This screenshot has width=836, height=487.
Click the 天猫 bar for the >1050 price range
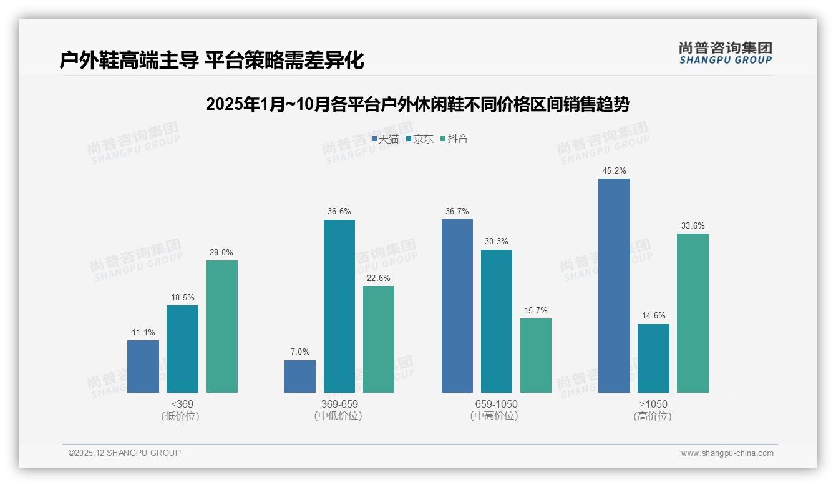(x=614, y=285)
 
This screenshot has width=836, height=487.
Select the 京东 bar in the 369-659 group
(x=339, y=306)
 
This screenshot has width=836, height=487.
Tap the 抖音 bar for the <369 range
(x=221, y=326)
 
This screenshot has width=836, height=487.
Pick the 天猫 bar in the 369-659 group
(x=299, y=376)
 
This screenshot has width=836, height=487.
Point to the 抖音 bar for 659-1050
(x=535, y=355)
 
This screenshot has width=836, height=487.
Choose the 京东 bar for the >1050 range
(x=653, y=358)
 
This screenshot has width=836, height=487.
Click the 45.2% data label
(x=614, y=170)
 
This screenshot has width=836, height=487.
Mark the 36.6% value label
(x=339, y=212)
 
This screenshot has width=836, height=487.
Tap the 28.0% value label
(x=221, y=252)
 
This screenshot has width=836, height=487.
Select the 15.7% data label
(x=535, y=310)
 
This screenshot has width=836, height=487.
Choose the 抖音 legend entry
(x=454, y=139)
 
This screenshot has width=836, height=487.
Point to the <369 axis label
(x=182, y=404)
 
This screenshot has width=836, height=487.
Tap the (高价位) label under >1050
(x=653, y=416)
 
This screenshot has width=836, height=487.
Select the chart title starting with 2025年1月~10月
(x=417, y=104)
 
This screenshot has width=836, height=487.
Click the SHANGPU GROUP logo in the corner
(x=725, y=53)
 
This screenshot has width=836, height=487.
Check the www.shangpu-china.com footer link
(x=727, y=453)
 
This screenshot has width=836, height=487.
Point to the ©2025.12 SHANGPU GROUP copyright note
(x=125, y=453)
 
